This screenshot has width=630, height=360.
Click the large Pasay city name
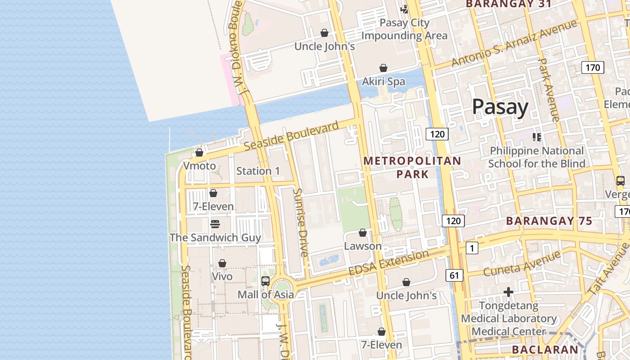click(500, 108)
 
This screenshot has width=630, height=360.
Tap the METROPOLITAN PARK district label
click(412, 167)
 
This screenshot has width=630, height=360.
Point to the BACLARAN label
click(545, 350)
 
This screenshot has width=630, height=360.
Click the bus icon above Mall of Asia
click(265, 281)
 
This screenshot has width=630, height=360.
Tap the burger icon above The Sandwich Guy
click(215, 224)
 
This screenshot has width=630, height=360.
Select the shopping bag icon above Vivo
click(222, 263)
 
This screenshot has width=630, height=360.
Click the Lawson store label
click(363, 246)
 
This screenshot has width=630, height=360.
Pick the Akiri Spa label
click(383, 81)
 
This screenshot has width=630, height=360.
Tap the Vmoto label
click(199, 166)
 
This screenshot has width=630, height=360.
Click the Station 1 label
click(258, 171)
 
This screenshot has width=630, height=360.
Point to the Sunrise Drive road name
click(300, 222)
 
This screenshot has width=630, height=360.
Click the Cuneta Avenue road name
click(522, 264)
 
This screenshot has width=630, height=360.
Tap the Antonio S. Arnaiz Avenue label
click(514, 44)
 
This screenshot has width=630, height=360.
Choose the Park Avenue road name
click(549, 90)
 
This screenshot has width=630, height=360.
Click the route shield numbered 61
click(454, 275)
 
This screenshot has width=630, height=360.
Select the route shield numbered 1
click(472, 248)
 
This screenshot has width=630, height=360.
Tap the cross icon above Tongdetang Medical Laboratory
click(508, 292)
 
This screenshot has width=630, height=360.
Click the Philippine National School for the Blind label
click(536, 157)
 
